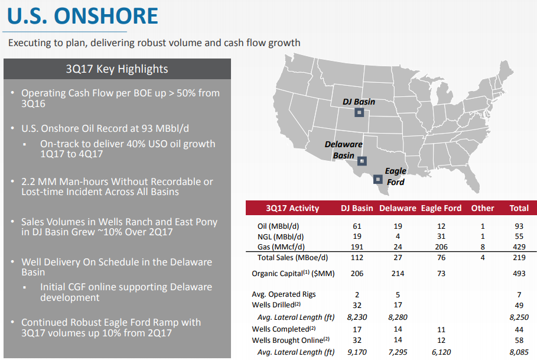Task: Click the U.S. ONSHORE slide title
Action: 83,16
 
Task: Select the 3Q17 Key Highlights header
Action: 117,69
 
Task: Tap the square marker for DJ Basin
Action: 359,113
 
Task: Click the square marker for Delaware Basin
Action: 362,160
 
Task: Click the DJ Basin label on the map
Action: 359,102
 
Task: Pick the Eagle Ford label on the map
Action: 395,176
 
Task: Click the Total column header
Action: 519,208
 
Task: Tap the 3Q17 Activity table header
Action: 292,208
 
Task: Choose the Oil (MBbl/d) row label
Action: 279,226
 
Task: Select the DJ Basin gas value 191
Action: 357,246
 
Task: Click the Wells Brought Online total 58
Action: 519,340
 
